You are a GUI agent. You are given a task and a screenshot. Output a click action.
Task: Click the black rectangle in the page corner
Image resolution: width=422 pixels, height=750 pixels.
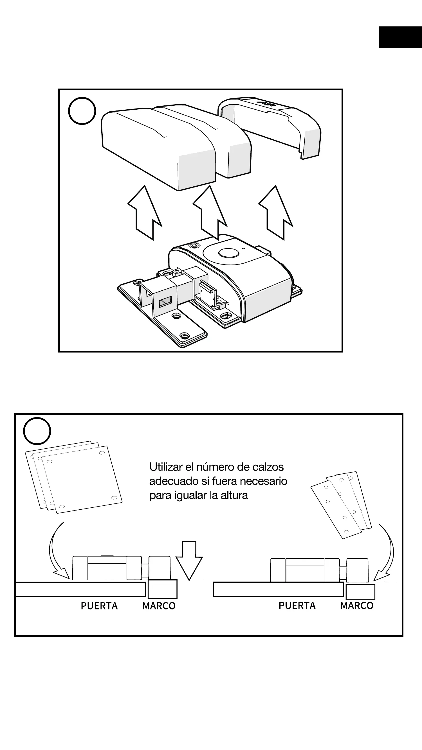coord(400,37)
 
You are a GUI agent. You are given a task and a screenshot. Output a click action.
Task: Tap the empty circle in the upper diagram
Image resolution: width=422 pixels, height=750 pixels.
coord(82,111)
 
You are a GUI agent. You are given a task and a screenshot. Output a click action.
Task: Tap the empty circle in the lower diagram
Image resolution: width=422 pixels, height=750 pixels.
coord(37,431)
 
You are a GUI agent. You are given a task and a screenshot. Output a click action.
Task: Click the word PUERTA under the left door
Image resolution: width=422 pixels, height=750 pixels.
coord(99,606)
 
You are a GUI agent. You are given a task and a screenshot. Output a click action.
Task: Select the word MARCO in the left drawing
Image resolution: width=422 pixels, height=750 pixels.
coord(159,606)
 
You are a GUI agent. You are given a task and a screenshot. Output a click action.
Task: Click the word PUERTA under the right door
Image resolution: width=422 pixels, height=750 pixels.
coord(297,606)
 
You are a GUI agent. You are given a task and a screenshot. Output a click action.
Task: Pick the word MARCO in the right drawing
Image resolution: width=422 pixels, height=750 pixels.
coord(357,606)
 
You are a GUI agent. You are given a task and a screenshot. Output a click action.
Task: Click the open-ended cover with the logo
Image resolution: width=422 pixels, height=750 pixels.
coord(271,125)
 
